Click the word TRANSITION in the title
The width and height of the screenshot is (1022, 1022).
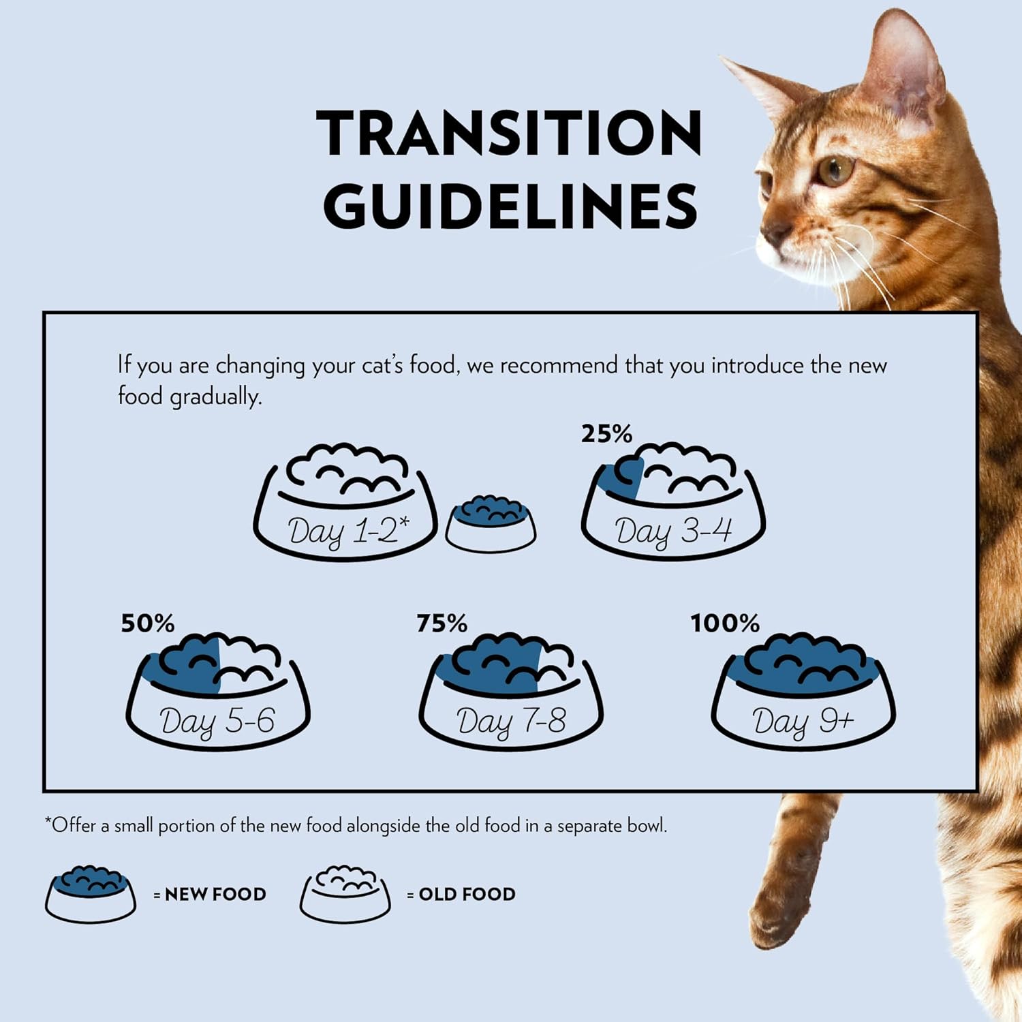[509, 133]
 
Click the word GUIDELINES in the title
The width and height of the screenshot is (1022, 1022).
[510, 205]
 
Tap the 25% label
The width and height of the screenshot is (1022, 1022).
[606, 433]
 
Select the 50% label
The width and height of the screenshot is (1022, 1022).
[147, 623]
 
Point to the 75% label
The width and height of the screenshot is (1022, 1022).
[442, 623]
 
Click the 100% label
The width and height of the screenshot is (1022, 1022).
[725, 623]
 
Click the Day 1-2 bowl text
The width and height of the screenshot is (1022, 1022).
[347, 531]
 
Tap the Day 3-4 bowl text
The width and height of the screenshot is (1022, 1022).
[673, 531]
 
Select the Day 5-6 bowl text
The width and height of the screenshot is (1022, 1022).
[217, 721]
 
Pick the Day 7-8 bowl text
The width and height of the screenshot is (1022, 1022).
[511, 721]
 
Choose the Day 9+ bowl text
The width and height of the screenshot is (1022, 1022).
[803, 721]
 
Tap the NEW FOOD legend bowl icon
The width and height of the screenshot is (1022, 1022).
[91, 895]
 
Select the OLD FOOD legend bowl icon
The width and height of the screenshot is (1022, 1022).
[345, 895]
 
